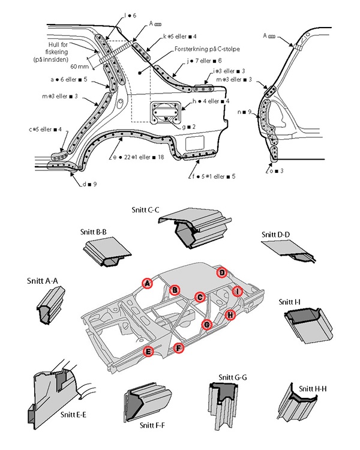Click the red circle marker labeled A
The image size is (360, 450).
click(147, 283)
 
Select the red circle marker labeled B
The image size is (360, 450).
click(175, 290)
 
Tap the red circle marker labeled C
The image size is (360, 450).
click(200, 296)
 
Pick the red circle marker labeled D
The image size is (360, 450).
click(223, 272)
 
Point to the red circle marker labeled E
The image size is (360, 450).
click(148, 352)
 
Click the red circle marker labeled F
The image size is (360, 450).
click(178, 348)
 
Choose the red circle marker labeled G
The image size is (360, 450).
click(207, 325)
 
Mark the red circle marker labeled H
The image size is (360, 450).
click(230, 314)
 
